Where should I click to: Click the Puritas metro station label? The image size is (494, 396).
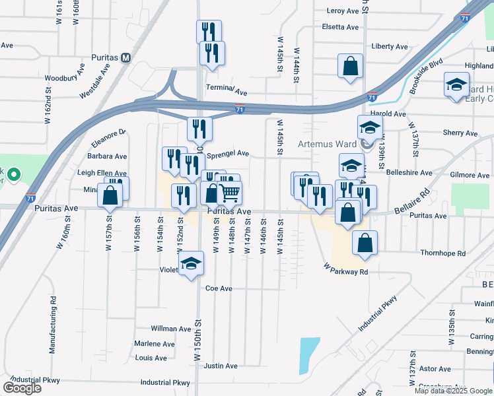click(x=105, y=57)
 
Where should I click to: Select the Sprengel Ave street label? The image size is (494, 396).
click(x=228, y=154)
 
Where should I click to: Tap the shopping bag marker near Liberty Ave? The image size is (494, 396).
click(x=350, y=66)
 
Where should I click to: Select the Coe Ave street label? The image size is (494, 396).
click(x=219, y=288)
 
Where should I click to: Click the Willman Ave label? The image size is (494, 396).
click(x=170, y=328)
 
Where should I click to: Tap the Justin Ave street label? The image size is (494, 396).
click(x=221, y=366)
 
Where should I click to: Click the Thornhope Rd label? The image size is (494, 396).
click(x=442, y=253)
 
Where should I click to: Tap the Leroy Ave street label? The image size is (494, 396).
click(x=342, y=11)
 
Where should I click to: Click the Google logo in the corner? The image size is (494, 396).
click(x=22, y=387)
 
